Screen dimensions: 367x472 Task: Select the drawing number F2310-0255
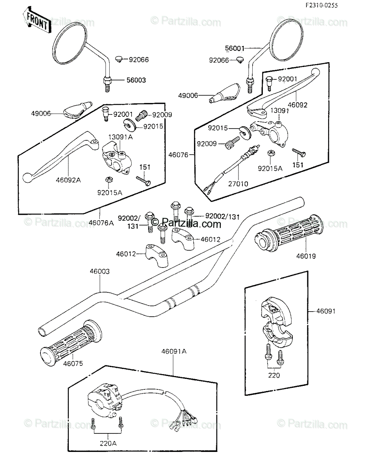coord(322,6)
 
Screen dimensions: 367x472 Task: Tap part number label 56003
coord(136,80)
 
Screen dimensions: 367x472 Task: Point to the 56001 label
coord(235,48)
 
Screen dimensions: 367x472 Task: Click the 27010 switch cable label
coord(238,184)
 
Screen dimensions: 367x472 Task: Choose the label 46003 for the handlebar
coord(100,271)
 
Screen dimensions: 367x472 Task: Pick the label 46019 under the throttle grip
coord(306,256)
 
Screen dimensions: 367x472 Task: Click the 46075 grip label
coord(73,363)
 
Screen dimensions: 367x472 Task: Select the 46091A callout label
coord(174,351)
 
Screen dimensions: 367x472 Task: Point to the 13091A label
coord(121,137)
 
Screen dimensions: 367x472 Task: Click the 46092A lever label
coord(68,180)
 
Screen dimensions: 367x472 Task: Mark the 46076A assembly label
coord(101,223)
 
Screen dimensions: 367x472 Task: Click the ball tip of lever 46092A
coord(28,178)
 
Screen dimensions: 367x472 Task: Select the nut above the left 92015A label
coord(108,179)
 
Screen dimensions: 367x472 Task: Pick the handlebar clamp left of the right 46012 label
coord(183,238)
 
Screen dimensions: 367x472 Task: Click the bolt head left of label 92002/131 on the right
coord(189,210)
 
